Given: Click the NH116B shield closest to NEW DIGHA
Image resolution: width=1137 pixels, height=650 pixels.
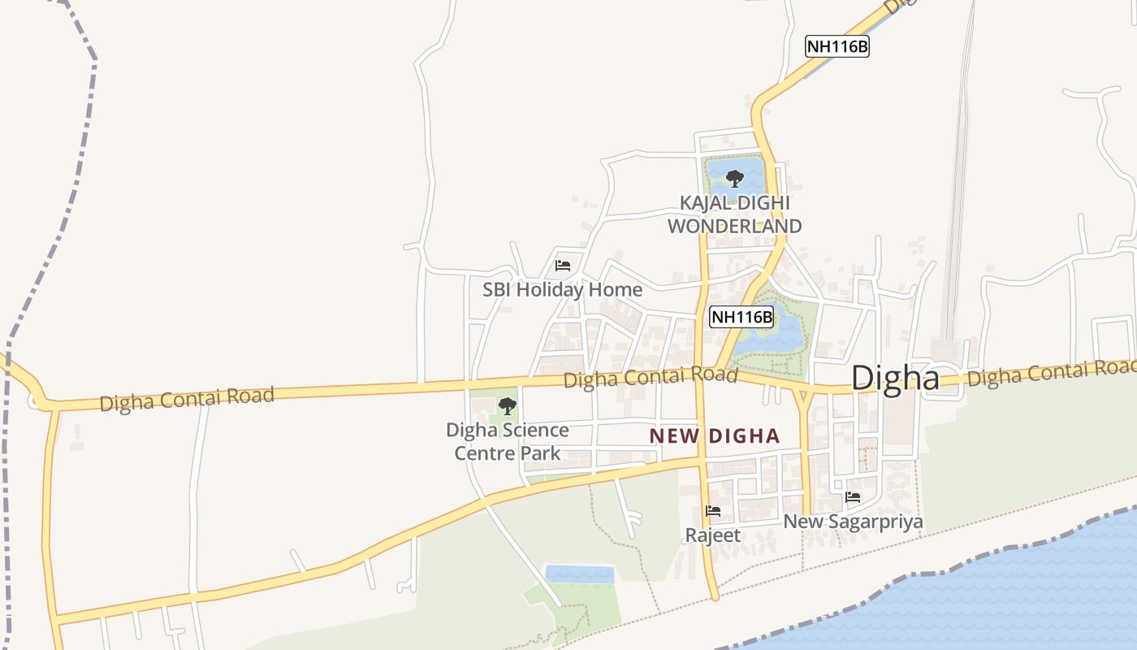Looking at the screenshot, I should point(741,317).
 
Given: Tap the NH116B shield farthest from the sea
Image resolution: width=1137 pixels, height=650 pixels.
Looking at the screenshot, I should point(837,46).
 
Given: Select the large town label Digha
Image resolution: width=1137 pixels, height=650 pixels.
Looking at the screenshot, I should point(895,379).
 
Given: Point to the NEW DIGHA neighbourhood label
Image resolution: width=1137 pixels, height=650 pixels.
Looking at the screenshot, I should point(714,436).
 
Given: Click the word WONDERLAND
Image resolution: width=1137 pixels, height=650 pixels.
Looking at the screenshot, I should point(734,226).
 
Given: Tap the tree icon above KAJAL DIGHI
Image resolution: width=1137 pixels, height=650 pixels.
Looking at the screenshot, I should point(734,178).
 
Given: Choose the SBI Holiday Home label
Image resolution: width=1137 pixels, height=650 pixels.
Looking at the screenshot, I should point(562,289).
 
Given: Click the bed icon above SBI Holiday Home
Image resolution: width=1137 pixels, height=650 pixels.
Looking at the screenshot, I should point(562,266).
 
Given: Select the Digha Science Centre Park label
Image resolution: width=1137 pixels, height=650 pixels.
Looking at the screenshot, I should point(508,441).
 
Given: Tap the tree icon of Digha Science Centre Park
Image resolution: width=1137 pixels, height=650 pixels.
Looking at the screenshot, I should point(508,405).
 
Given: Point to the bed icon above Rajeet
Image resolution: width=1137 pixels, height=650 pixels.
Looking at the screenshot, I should point(713,511).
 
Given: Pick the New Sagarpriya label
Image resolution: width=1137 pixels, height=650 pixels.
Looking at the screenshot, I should point(853,522).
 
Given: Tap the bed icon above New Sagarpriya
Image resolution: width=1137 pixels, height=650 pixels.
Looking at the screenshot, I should point(853,497).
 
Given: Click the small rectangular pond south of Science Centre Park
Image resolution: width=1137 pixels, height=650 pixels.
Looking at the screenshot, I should point(579,574).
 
